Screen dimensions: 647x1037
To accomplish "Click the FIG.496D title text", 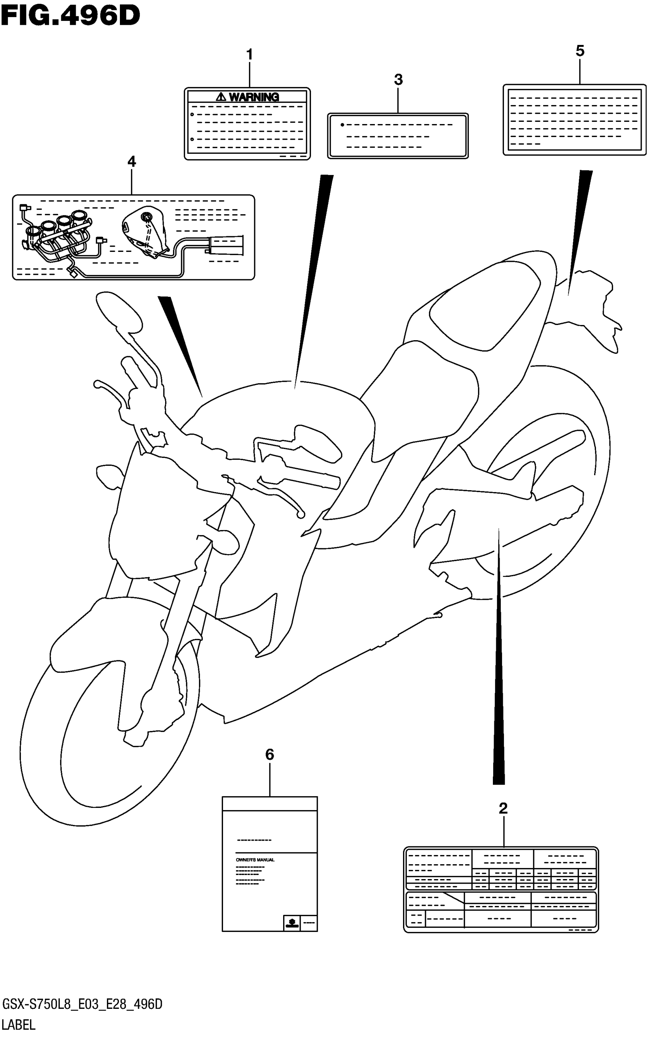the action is pos(71,16).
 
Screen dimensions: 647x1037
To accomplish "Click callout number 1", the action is pos(249,55).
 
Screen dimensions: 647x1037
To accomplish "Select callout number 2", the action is pos(503,808).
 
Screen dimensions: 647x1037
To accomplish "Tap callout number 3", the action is pos(398,80).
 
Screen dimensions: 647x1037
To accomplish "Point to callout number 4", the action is pos(132,162).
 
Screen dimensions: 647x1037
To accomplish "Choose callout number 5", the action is pos(580,51).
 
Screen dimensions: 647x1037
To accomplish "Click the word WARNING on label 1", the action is pos(254,97).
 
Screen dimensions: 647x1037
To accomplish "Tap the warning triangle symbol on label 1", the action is pos(221,97).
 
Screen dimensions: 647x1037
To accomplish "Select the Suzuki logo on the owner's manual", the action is pos(292,923).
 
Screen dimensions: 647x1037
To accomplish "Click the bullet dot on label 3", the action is pos(342,125).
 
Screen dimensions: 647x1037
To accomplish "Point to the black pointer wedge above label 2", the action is pos(499,685).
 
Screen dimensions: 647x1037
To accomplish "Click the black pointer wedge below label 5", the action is pos(580,223).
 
